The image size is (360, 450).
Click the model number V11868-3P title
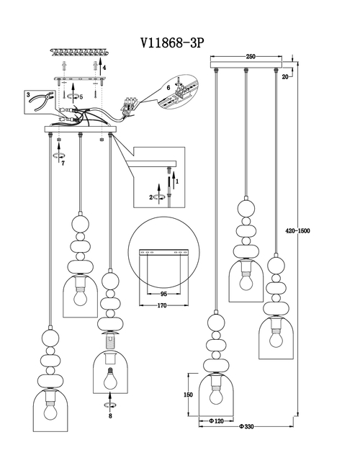[x=172, y=43]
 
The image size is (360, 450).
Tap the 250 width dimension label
[x=251, y=57]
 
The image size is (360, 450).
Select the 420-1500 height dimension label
[x=297, y=230]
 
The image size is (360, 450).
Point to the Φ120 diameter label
[x=216, y=421]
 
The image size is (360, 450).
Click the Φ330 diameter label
[x=246, y=427]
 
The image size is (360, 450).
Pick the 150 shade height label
[x=188, y=395]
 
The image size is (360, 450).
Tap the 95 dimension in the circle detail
[x=163, y=294]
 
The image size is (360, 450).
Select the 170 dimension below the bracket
[x=162, y=306]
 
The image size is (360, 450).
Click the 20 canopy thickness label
[x=285, y=76]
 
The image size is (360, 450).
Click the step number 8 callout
[x=110, y=416]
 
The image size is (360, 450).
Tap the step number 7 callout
[x=63, y=163]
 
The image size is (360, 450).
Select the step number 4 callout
[x=104, y=68]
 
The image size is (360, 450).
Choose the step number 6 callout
[x=168, y=88]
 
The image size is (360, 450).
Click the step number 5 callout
[x=81, y=97]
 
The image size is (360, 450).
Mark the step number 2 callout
[x=151, y=197]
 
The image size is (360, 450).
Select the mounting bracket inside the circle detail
[x=163, y=253]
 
